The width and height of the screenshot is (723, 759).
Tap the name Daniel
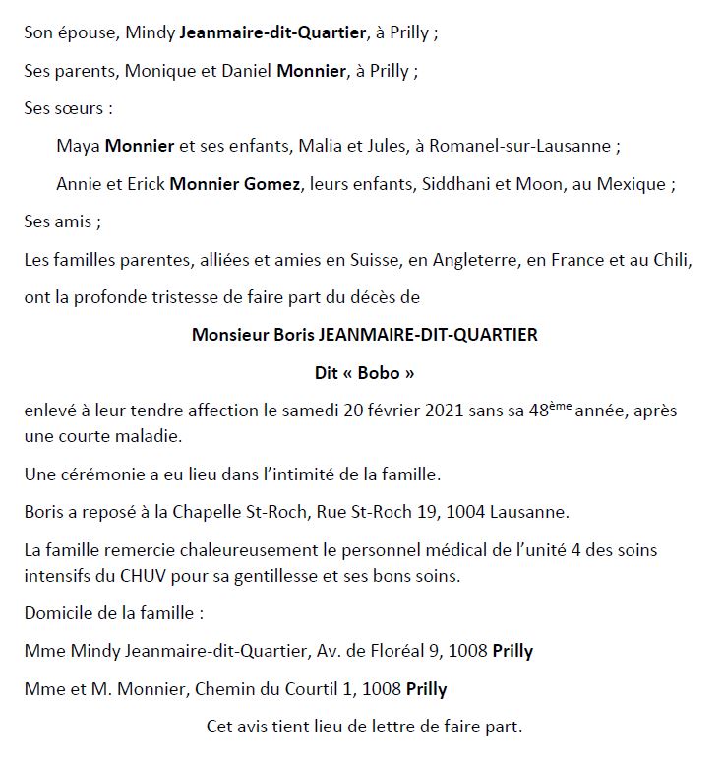(x=243, y=70)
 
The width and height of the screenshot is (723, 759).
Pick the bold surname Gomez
(x=272, y=184)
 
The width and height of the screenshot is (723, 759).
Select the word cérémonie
(x=105, y=474)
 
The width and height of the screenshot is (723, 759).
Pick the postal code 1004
(x=476, y=512)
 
